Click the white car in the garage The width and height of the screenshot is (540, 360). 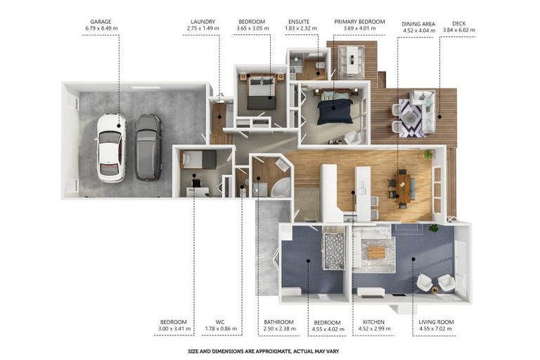click(110, 148)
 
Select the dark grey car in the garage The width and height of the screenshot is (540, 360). click(148, 147)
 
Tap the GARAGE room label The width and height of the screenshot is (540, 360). click(101, 22)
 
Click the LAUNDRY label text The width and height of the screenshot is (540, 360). click(202, 22)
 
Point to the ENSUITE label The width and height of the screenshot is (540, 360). click(299, 22)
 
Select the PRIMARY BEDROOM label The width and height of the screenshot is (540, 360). click(359, 22)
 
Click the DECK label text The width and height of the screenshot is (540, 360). click(458, 23)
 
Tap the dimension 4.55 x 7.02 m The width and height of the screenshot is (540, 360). click(437, 328)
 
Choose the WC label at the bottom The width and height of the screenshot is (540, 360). click(220, 322)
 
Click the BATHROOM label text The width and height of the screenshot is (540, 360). click(278, 322)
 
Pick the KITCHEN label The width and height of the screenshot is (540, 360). click(373, 322)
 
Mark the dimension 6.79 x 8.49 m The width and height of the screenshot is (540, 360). click(101, 28)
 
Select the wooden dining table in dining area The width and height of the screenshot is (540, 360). click(404, 188)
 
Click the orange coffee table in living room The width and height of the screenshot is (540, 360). click(377, 252)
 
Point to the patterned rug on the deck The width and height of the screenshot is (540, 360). click(411, 118)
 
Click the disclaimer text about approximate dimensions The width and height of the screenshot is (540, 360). click(264, 352)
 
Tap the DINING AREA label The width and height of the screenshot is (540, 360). click(418, 24)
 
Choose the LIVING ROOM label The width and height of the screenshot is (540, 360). click(436, 322)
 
